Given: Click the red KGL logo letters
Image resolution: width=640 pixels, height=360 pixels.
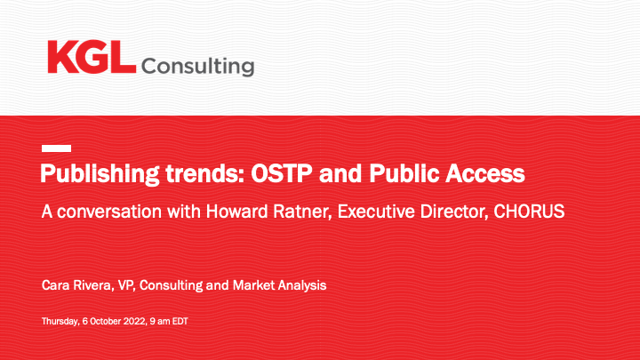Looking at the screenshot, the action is pos(92,57).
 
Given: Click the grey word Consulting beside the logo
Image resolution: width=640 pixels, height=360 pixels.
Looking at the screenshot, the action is pos(197,67).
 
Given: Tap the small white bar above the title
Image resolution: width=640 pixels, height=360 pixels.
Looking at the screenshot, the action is pos(56,148).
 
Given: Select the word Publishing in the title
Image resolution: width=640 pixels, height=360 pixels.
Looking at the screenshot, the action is pos(100,174).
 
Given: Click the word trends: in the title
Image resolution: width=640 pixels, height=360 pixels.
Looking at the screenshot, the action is pos(205,173).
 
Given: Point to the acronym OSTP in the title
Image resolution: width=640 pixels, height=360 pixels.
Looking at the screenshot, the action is pos(281,173).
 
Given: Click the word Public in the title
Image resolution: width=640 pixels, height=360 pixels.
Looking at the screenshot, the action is pos(404,173).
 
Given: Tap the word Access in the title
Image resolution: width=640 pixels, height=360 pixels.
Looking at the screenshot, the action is pos(485,174).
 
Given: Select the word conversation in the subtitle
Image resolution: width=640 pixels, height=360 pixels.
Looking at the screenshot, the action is pos(109,212).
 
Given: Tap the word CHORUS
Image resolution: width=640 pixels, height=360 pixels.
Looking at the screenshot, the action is pos(529,212).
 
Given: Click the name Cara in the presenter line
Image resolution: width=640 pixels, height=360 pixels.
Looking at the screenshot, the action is pos(55,285).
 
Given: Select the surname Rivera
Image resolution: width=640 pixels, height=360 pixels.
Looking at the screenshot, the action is pos(93,285).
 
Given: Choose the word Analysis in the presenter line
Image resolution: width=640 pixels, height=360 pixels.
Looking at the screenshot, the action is pos(302,285).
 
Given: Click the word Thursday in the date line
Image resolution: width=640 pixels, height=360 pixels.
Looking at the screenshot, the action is pos(60,322).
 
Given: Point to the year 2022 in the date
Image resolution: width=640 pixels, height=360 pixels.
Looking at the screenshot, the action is pos(134,321).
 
